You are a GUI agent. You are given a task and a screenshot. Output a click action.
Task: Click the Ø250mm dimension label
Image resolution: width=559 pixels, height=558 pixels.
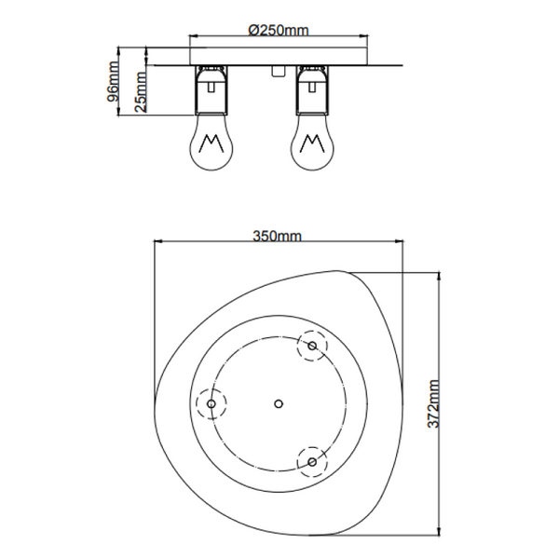[x=279, y=30]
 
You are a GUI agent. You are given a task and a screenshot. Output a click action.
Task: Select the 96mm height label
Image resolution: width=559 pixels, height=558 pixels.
[x=113, y=82]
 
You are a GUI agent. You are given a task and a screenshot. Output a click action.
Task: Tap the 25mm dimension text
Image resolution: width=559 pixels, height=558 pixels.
[x=139, y=91]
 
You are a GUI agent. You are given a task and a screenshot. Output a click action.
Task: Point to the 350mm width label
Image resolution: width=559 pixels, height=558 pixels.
[x=278, y=237]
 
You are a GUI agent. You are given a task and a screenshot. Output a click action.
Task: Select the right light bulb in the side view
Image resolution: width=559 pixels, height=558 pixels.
[x=312, y=144]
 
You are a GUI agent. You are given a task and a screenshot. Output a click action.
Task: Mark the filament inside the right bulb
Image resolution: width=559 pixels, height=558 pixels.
[x=312, y=146]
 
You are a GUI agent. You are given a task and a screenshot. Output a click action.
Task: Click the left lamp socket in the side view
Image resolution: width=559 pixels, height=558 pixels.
[x=211, y=88]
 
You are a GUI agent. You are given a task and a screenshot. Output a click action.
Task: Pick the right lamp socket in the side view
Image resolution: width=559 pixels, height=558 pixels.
[x=312, y=88]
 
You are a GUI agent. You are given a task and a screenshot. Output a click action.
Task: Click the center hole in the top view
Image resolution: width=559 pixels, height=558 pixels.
[x=279, y=403]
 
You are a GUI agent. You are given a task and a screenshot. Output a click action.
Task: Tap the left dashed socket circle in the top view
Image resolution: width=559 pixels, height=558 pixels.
[x=211, y=403]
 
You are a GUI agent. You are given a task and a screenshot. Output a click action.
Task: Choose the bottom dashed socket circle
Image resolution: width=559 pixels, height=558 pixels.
[x=312, y=460]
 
